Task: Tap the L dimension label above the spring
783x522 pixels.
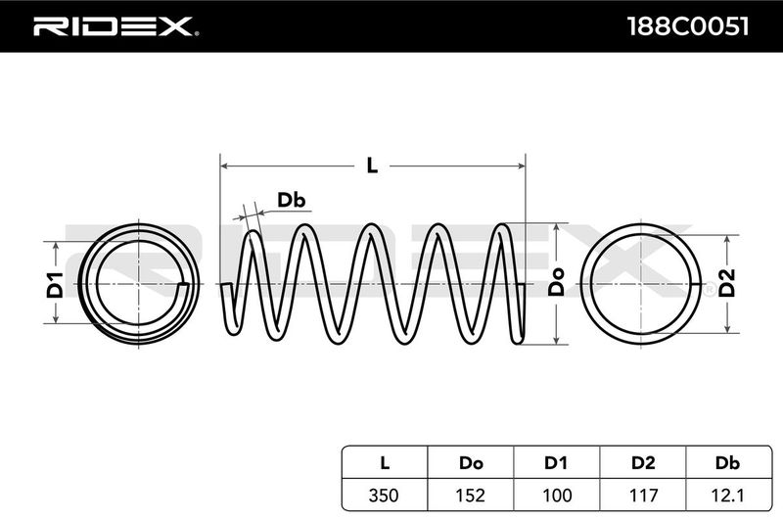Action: click(x=372, y=166)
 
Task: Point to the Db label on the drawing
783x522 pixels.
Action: click(x=292, y=201)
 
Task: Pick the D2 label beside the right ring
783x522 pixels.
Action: click(x=727, y=283)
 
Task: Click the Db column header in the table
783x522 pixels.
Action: click(x=725, y=459)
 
